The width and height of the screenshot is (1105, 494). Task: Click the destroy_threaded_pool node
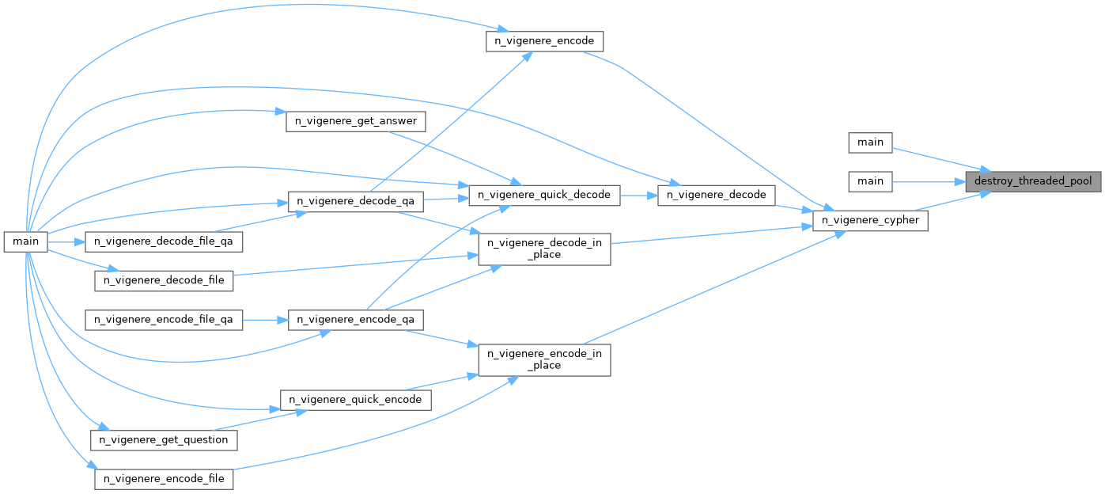[x=1033, y=181]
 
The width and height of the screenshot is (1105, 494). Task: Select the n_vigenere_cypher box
[x=870, y=221]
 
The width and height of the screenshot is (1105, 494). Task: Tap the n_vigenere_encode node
[x=545, y=41]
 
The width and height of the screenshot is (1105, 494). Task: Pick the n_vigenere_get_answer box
[x=356, y=121]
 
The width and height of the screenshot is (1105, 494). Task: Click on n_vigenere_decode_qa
[x=355, y=202]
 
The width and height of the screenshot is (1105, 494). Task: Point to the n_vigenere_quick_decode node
[x=544, y=194]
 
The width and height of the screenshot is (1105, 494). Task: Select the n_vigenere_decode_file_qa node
[x=163, y=240]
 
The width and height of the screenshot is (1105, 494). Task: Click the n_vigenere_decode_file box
[x=165, y=280]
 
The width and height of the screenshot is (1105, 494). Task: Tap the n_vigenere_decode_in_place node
[x=545, y=246]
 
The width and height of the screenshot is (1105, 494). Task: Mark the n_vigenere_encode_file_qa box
[x=164, y=320]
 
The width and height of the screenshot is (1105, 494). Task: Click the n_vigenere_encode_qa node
[x=355, y=320]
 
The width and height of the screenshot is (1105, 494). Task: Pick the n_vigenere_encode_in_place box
[x=545, y=358]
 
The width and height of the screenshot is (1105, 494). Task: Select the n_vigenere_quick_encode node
[x=356, y=400]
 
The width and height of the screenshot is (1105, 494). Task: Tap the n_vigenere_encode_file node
[x=165, y=479]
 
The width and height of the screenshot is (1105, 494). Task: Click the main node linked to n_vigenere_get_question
[x=26, y=240]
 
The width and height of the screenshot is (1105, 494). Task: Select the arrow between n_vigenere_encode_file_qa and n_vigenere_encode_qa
[x=265, y=320]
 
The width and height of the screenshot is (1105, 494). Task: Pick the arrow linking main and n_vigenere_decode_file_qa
[x=68, y=240]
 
